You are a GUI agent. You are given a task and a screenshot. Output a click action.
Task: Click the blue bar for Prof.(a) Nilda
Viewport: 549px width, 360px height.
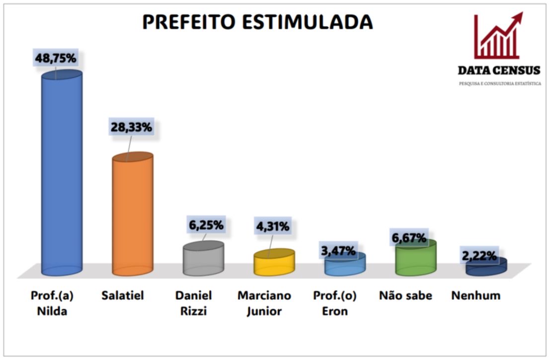(62, 174)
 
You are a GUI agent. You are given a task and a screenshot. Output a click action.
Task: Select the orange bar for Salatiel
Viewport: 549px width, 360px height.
(132, 216)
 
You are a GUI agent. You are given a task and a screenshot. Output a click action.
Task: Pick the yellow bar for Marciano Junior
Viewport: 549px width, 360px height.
(274, 264)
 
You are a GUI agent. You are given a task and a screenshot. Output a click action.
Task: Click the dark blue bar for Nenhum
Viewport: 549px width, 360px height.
(486, 267)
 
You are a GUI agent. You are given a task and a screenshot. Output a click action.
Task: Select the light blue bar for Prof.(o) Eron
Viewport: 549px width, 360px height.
(345, 266)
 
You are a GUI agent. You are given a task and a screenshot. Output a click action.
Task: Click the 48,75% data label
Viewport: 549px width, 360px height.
(55, 58)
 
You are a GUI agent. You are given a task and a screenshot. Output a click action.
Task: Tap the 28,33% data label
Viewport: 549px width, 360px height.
(131, 127)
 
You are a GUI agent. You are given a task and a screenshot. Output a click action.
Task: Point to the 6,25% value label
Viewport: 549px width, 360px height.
(206, 224)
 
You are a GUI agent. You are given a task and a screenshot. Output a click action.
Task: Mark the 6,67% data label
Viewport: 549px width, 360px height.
(409, 238)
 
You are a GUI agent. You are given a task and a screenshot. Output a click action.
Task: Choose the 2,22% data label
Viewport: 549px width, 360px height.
(479, 256)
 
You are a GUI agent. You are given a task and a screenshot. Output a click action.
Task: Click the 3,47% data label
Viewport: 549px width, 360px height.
(338, 251)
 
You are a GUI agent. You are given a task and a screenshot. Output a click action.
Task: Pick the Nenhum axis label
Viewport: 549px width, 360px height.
(475, 296)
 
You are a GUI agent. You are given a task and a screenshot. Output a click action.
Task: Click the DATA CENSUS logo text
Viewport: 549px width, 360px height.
(499, 71)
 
